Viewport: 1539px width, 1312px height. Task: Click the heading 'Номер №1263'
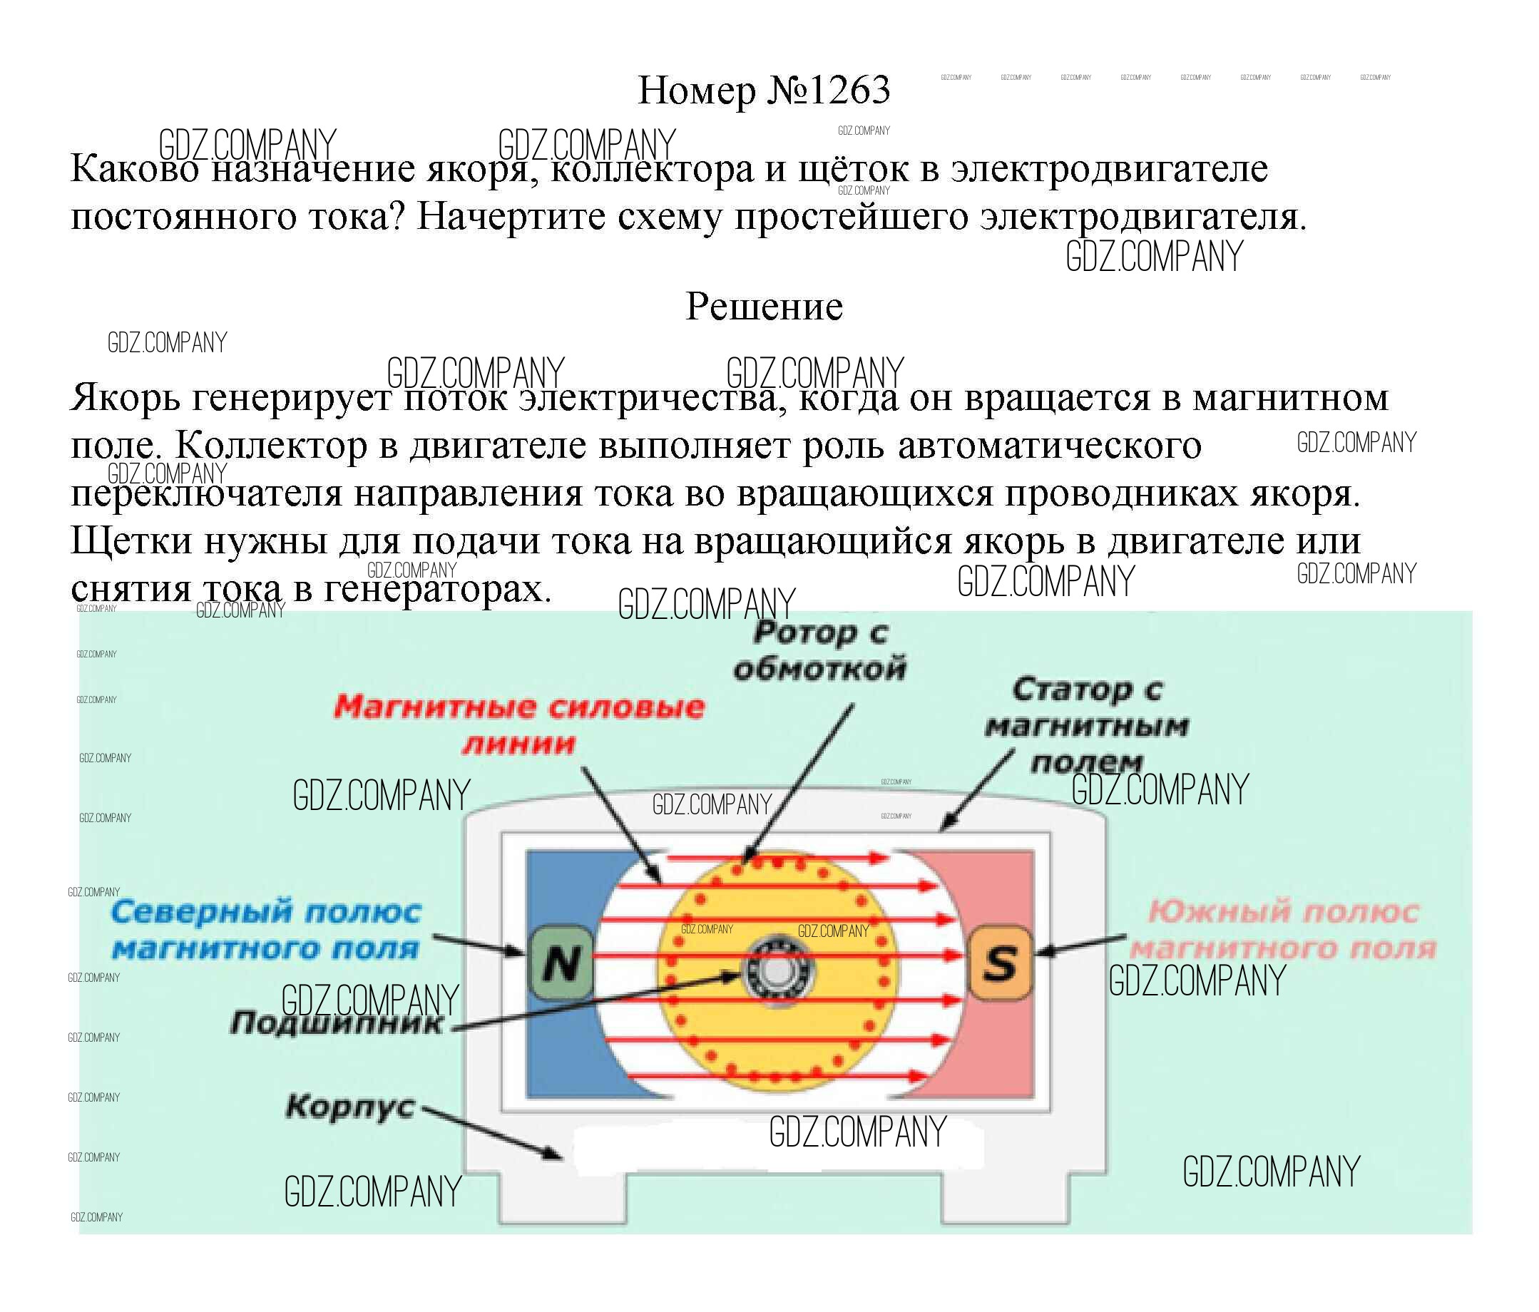(764, 91)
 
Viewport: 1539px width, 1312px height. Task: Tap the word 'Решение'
(764, 306)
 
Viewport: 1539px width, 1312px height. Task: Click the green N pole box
(561, 963)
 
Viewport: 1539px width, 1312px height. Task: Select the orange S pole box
(1001, 963)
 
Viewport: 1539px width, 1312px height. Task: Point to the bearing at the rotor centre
(775, 970)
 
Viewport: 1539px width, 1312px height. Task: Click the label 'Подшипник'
(337, 1024)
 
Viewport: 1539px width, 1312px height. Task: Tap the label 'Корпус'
(350, 1107)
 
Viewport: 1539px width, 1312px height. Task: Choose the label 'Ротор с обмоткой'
(820, 651)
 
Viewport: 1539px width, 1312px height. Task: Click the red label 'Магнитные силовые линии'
(518, 724)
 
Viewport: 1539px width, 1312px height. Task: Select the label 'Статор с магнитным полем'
(1087, 725)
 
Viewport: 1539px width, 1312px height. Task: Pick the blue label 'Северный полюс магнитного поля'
(266, 930)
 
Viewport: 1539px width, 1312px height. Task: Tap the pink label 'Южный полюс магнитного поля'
(1283, 930)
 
